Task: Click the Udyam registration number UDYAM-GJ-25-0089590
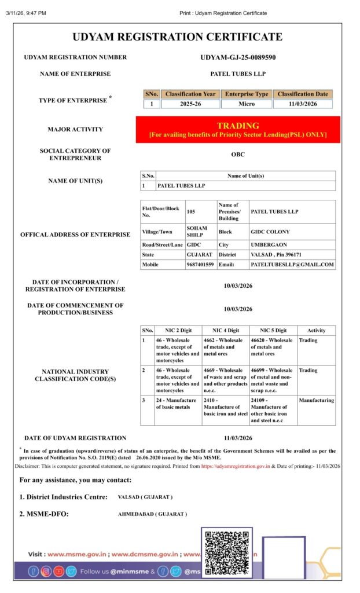coord(238,57)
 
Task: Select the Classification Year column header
coord(190,94)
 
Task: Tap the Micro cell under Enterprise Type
coord(247,104)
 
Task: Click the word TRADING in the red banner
coord(238,126)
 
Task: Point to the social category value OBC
coord(238,155)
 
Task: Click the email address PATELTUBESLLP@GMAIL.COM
coord(292,265)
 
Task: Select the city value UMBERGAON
coord(269,245)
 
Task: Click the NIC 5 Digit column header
coord(273,330)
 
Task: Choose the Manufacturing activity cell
coord(316,400)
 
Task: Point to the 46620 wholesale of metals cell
coord(272,347)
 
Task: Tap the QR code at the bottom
coord(226,553)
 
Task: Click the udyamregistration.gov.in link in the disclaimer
coord(236,466)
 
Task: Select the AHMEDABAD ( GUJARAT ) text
coord(152,514)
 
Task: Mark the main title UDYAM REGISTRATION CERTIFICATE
coord(178,37)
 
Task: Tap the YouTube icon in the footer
coord(58,572)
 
